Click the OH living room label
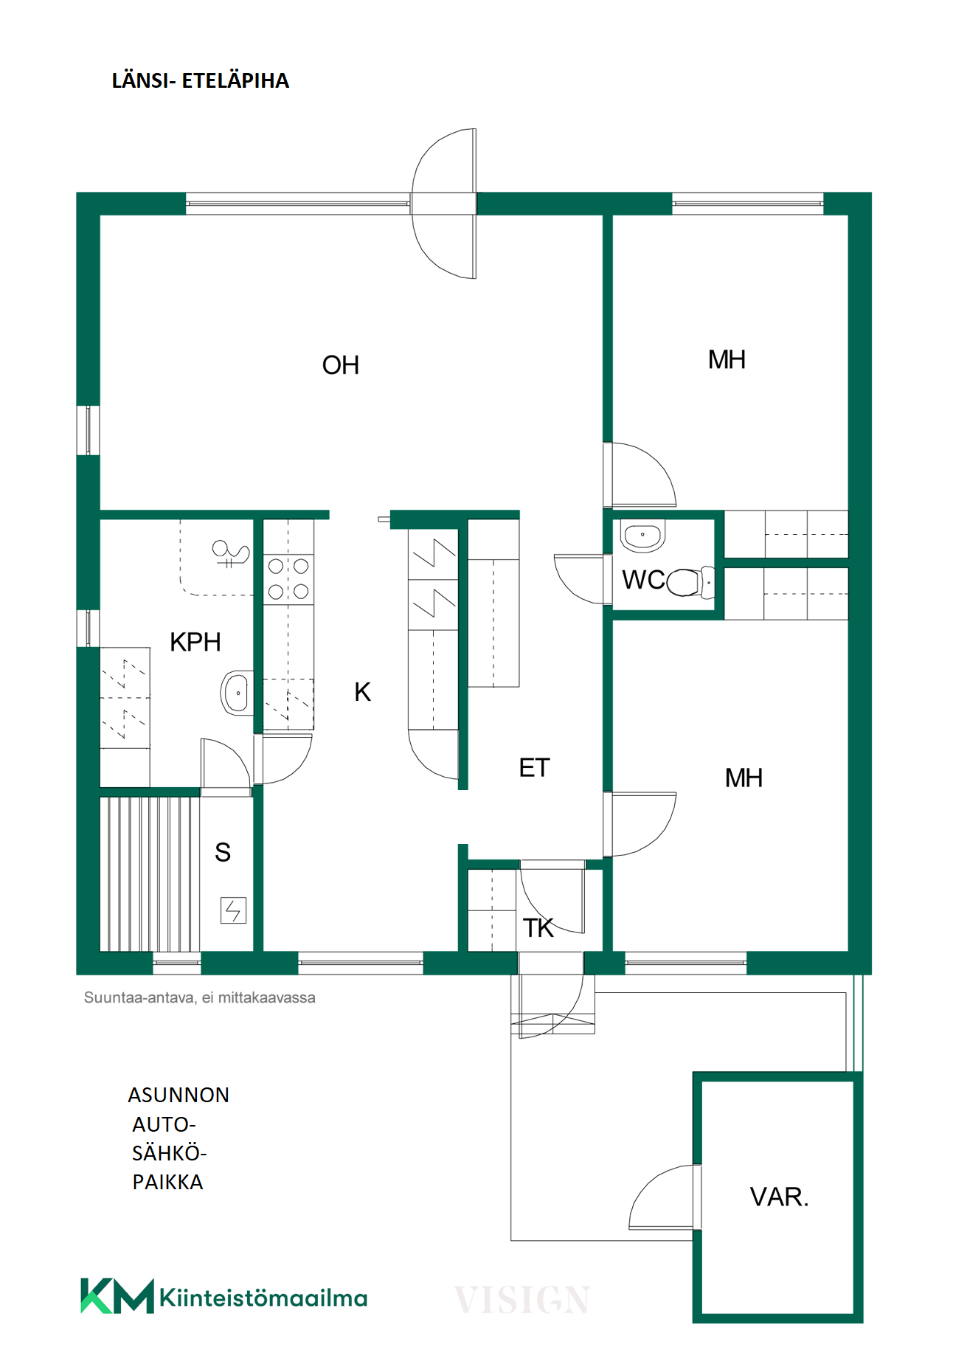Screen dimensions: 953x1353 coord(341,365)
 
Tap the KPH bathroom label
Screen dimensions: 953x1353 coord(195,642)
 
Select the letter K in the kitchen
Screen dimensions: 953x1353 coord(362,692)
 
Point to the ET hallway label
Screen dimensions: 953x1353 coord(535,768)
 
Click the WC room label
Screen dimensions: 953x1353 coord(644,580)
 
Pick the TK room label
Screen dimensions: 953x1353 coord(538,928)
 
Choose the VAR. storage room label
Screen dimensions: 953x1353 coord(780,1197)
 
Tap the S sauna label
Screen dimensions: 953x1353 coord(223,853)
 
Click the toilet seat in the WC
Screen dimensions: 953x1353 coord(690,582)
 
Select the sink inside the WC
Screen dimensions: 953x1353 coord(643,536)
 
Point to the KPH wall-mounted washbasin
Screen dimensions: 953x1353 coord(237,693)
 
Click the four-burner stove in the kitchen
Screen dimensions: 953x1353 coord(288,578)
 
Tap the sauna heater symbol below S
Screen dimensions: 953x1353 coord(233,910)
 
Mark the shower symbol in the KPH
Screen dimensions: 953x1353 coord(230,553)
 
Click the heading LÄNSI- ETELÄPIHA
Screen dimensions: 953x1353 coord(200,81)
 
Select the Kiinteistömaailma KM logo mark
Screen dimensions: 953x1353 coord(117,1296)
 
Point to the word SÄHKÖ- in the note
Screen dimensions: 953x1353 coord(170,1153)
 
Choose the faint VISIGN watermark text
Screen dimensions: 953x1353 coord(521,1300)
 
